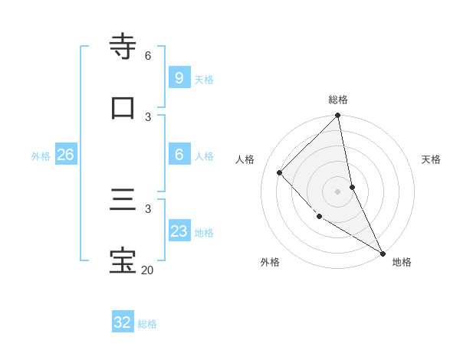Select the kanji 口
123,107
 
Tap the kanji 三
123,200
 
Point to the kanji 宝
123,260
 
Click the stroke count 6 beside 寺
148,56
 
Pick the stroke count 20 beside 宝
147,270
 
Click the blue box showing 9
179,77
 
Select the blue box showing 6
179,154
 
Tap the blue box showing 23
179,231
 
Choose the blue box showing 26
65,155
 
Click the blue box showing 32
123,322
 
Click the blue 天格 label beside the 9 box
204,79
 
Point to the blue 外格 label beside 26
41,156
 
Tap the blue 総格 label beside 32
147,324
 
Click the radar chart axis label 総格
338,100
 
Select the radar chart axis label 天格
431,159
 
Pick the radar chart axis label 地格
402,262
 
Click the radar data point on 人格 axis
280,172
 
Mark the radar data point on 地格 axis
383,253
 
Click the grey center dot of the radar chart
338,191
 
